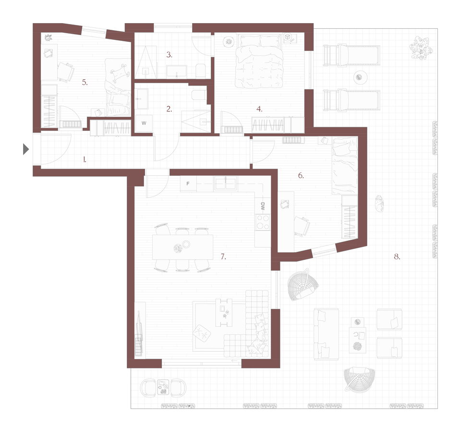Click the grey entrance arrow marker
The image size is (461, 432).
pyautogui.click(x=26, y=149)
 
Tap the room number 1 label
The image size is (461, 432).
pyautogui.click(x=85, y=160)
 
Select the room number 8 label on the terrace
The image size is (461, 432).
pyautogui.click(x=397, y=257)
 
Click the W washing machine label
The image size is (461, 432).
pyautogui.click(x=144, y=123)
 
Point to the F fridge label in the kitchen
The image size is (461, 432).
pyautogui.click(x=188, y=184)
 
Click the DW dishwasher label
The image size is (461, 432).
pyautogui.click(x=263, y=206)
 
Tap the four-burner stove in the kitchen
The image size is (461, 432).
pyautogui.click(x=263, y=222)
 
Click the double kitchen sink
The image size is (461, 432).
pyautogui.click(x=226, y=184)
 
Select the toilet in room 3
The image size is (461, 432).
pyautogui.click(x=201, y=70)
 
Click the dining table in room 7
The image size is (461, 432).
pyautogui.click(x=183, y=247)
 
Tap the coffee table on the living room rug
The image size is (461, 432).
pyautogui.click(x=224, y=312)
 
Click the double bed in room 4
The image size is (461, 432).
pyautogui.click(x=259, y=61)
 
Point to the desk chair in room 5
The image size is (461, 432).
pyautogui.click(x=66, y=72)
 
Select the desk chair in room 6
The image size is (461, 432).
pyautogui.click(x=302, y=226)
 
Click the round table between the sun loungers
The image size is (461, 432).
pyautogui.click(x=359, y=77)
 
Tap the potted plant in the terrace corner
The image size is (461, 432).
pyautogui.click(x=421, y=48)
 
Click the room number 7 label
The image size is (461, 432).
pyautogui.click(x=223, y=257)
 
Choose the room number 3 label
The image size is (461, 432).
pyautogui.click(x=169, y=54)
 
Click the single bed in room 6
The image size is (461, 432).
pyautogui.click(x=345, y=165)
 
